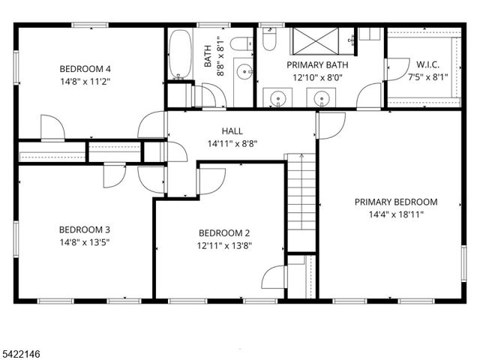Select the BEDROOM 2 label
click(224, 233)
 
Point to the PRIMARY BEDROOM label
click(396, 202)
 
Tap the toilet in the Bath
click(241, 44)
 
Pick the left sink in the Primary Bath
click(278, 97)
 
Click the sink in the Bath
click(243, 72)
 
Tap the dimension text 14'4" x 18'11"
click(396, 214)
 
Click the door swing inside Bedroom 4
click(52, 127)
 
